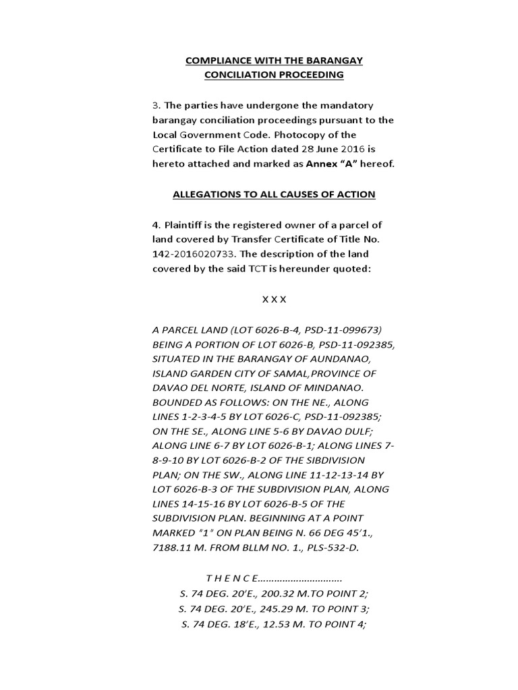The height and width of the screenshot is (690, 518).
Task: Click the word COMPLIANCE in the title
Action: [217, 61]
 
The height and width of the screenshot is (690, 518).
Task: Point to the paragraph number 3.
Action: [155, 106]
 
